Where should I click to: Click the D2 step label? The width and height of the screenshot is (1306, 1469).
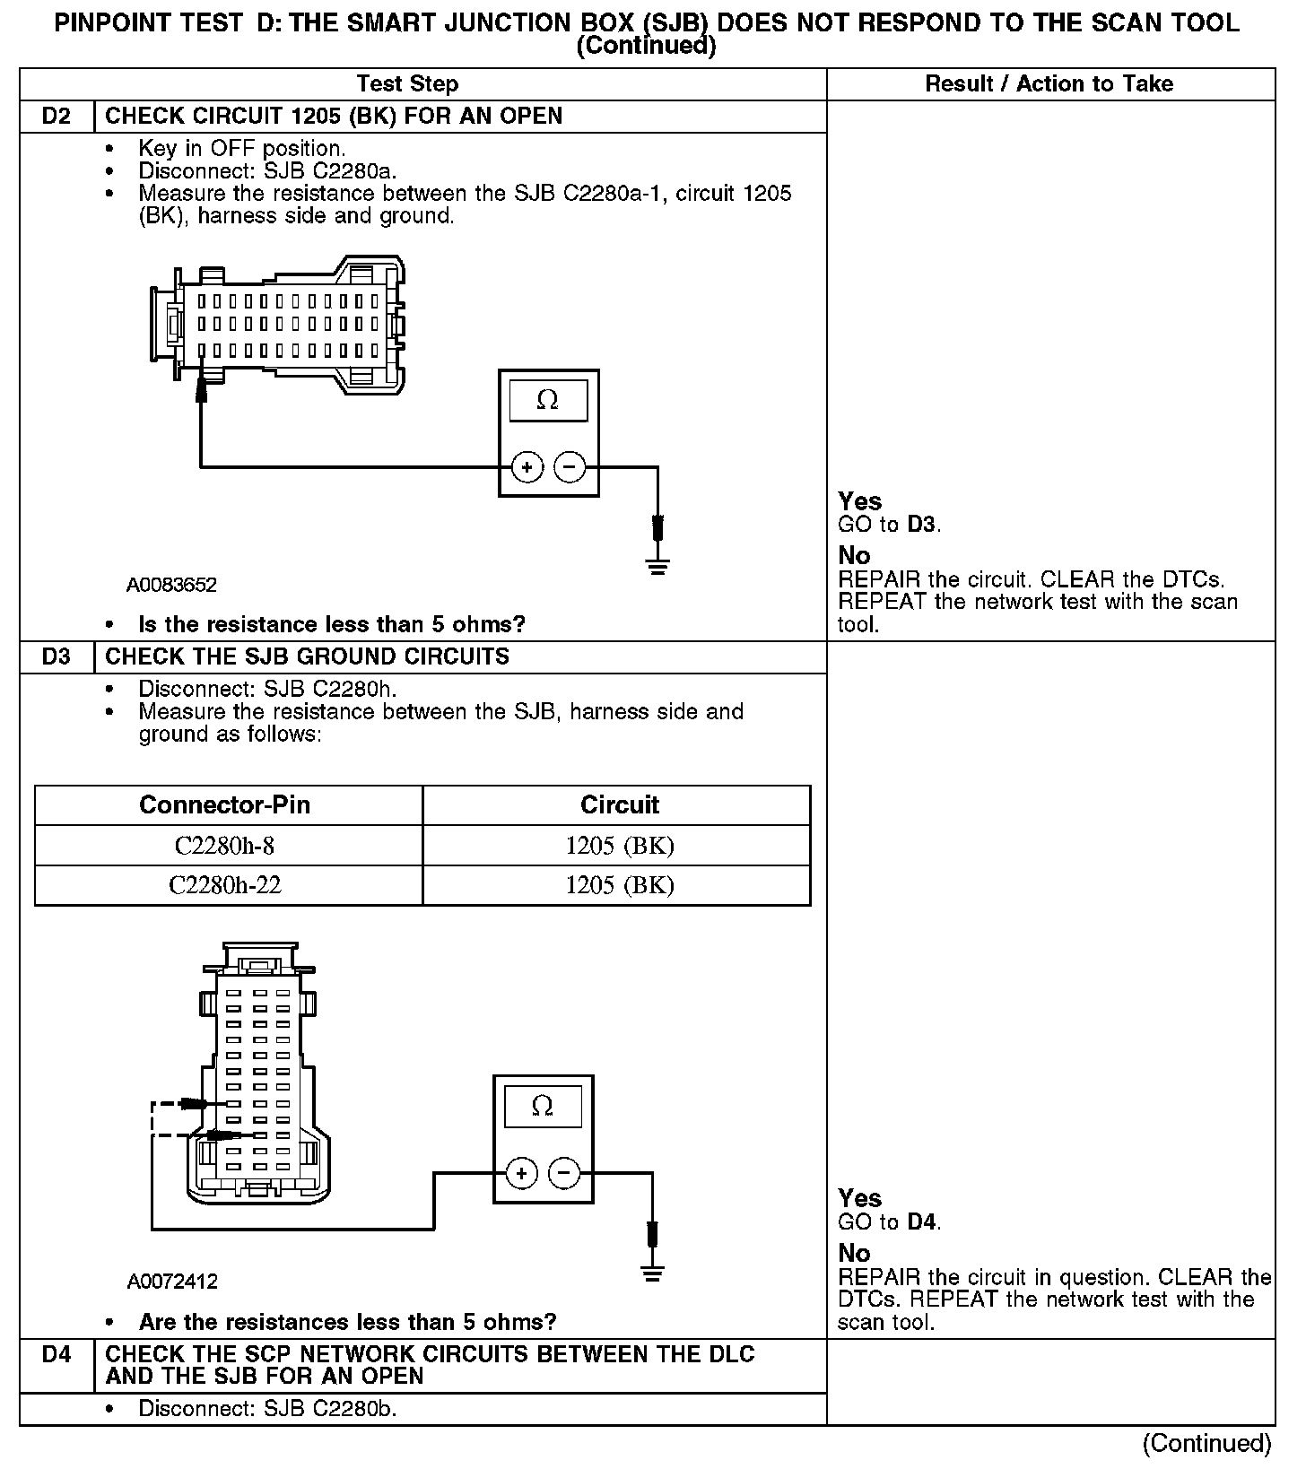(x=57, y=117)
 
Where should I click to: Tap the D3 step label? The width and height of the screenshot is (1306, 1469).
(x=57, y=657)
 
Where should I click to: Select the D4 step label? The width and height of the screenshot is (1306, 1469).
(x=57, y=1354)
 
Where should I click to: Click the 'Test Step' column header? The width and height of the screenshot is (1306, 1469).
(x=407, y=84)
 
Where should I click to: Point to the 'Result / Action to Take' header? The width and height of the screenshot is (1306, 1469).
(x=1049, y=84)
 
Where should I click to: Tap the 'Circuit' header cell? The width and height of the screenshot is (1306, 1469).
(x=619, y=805)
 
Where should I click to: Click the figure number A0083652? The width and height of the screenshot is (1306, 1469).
(x=171, y=586)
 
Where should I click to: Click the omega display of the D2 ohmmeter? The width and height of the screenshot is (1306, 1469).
(x=548, y=401)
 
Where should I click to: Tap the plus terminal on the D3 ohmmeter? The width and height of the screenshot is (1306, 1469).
(x=521, y=1173)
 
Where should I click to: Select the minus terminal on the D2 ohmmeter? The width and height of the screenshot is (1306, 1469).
(x=570, y=467)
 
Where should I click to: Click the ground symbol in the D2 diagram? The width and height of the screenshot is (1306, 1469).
(x=657, y=565)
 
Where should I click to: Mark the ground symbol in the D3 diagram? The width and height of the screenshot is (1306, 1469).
(x=652, y=1272)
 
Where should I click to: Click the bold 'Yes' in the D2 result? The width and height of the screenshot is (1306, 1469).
(x=859, y=501)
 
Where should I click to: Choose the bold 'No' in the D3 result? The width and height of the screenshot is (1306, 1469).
(x=854, y=1253)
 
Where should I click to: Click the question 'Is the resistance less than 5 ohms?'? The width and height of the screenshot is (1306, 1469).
(x=331, y=624)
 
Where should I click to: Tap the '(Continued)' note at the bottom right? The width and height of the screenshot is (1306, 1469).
(x=1206, y=1443)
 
